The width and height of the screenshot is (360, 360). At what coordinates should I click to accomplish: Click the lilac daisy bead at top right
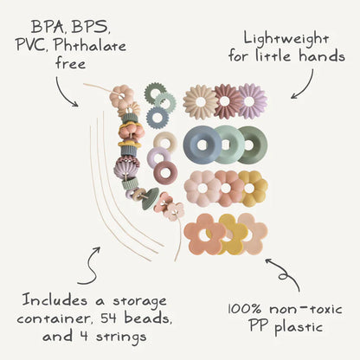(x=253, y=101)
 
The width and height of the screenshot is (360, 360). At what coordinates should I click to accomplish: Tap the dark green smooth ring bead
(x=252, y=145)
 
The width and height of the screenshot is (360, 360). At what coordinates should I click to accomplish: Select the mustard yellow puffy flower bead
(x=252, y=187)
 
